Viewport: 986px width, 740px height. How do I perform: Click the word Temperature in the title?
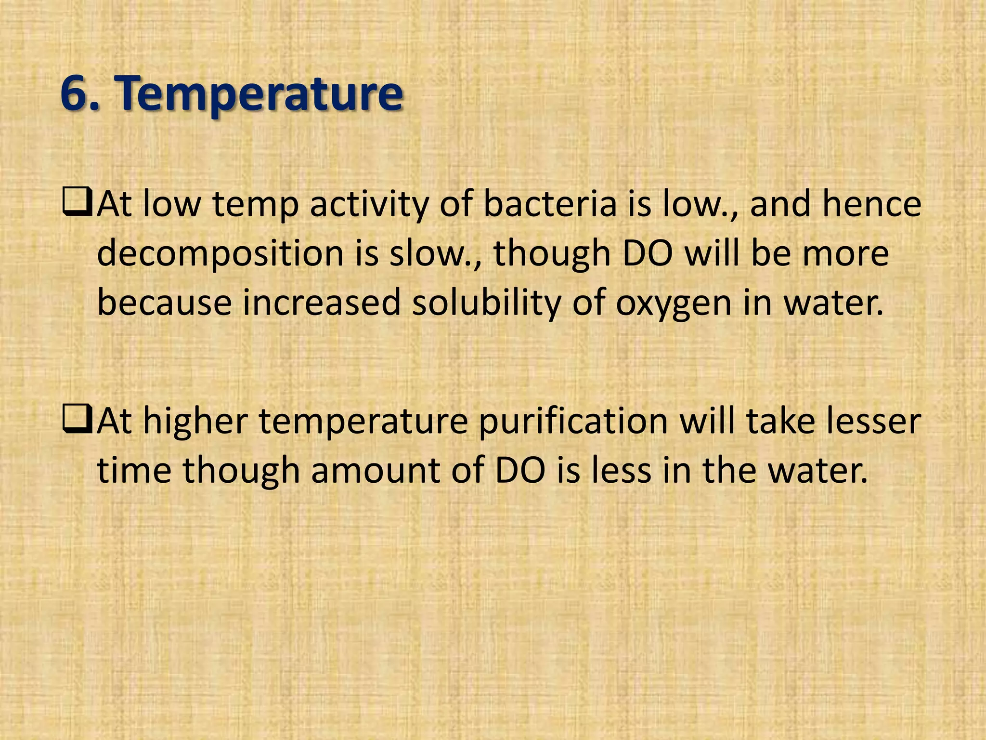(x=260, y=94)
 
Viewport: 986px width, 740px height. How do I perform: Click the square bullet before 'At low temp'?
(x=77, y=204)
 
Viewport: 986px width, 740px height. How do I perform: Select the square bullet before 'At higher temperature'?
(x=77, y=421)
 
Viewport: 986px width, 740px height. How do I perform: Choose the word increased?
(x=322, y=304)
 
